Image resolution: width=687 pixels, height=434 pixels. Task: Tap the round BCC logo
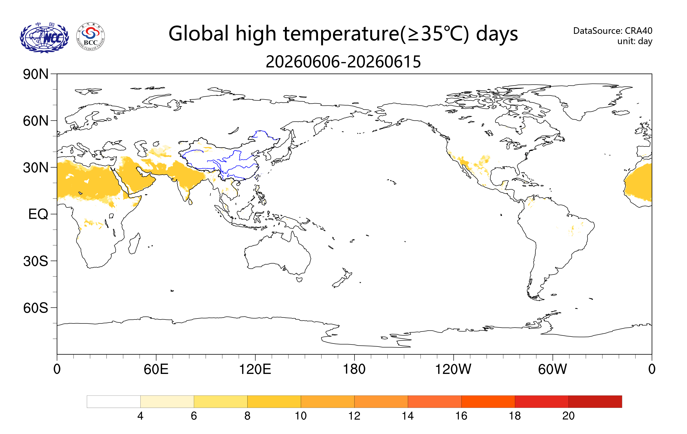coord(91,37)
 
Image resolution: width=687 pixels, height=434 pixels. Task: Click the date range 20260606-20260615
coord(343,62)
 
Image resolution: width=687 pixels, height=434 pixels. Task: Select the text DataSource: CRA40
coord(613,30)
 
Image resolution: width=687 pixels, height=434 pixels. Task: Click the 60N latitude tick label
coord(36,121)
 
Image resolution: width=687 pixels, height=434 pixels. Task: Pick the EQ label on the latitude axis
coord(38,214)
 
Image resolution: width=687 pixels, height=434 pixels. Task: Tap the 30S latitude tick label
coord(36,261)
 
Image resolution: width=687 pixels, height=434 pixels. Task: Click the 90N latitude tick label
coord(36,74)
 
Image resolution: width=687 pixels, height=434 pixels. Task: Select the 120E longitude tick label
coord(255,369)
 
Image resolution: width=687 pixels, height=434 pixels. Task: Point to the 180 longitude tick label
coord(354,369)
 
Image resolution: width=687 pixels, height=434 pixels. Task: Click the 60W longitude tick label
coord(553,369)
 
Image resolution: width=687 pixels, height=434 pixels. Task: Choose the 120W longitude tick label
coord(453,369)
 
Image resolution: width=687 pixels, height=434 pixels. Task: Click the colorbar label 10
coord(301,416)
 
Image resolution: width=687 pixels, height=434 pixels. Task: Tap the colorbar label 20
coord(568,416)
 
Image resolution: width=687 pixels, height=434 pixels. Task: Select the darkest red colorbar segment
coord(595,401)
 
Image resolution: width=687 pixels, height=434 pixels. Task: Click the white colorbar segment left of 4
coord(114,401)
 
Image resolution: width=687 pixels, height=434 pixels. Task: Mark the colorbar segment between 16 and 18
coord(488,401)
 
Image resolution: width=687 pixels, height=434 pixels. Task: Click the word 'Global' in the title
coord(199,34)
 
